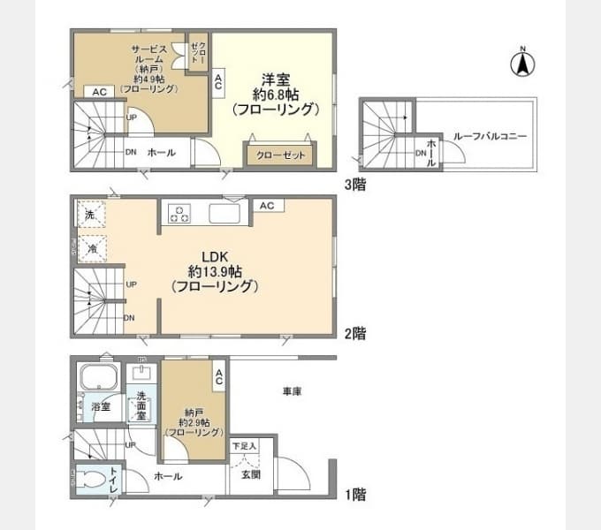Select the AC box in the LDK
click(x=266, y=206)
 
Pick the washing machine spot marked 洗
click(x=91, y=215)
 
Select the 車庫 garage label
click(x=293, y=390)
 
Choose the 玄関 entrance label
click(x=251, y=475)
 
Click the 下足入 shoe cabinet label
click(x=244, y=446)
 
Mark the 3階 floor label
click(x=355, y=185)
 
